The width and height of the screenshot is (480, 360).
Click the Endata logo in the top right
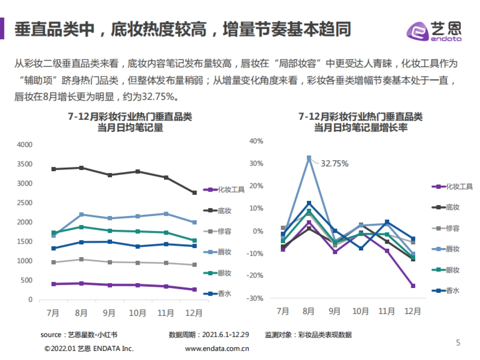point(434,30)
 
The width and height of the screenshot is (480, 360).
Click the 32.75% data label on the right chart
point(334,163)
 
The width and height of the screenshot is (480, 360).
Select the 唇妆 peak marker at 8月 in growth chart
point(309,158)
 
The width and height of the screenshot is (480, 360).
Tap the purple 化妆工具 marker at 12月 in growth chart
point(413,286)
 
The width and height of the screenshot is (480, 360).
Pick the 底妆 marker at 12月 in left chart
point(194,193)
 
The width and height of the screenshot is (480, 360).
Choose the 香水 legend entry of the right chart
point(446,291)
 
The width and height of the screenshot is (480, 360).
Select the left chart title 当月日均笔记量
point(130,128)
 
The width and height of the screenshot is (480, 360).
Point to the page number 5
point(458,343)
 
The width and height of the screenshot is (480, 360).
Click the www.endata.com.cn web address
point(217,348)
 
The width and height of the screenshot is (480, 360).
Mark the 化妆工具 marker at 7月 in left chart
point(54,284)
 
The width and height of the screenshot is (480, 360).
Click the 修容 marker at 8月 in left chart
point(82,259)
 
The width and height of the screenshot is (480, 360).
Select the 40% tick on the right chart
point(256,141)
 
